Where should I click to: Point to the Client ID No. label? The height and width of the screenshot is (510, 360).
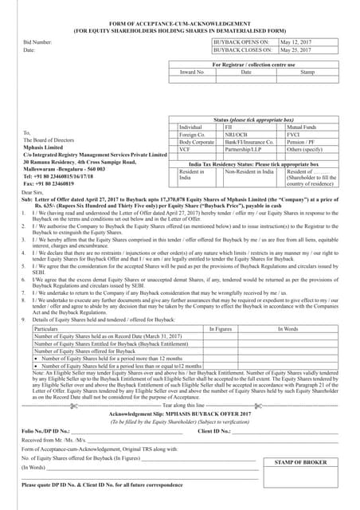(214, 430)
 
